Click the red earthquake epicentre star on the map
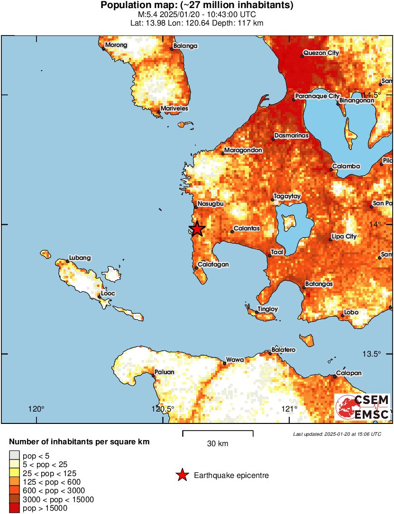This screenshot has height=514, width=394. coord(197,229)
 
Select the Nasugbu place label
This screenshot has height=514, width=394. coord(209,203)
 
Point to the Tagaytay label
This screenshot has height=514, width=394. coord(288,196)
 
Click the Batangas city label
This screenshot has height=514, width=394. coord(319,284)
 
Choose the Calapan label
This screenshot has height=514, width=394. coord(349,373)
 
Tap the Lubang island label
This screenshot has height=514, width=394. coord(80,258)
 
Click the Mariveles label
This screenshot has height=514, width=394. coord(174,109)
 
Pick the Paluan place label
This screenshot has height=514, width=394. coord(165,372)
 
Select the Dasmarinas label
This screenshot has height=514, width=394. coord(291,136)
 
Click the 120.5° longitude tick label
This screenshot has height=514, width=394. coord(163,409)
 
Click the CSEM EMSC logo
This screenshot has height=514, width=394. coord(363,407)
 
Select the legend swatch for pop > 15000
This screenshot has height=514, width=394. coord(15,508)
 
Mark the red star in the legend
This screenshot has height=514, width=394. coord(182,475)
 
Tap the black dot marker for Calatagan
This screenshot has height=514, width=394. coord(196,268)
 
